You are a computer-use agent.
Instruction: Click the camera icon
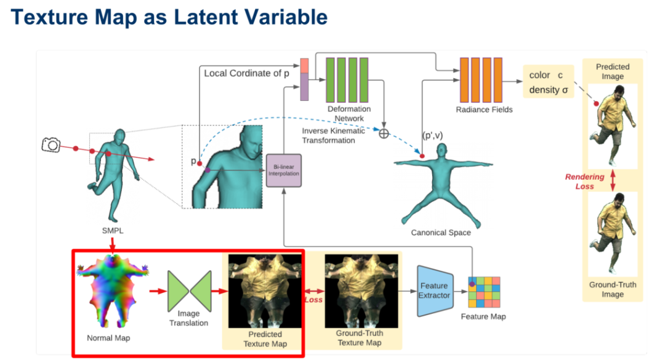pos(50,145)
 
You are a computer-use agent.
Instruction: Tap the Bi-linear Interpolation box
pos(283,170)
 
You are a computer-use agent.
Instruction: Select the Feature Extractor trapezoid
pos(434,290)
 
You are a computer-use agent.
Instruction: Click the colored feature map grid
pos(483,292)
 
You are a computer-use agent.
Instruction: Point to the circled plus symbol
pos(384,132)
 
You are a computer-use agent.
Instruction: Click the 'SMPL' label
pos(113,231)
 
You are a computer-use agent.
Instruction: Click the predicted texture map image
pos(265,290)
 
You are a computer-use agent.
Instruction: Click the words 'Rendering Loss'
pos(585,181)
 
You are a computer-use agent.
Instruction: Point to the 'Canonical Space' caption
pos(441,233)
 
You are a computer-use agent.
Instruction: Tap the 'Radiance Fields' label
pos(484,110)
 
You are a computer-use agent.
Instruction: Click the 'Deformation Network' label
pos(349,113)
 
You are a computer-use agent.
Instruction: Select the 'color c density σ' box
pos(548,82)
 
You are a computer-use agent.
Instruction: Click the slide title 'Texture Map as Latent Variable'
pos(169,17)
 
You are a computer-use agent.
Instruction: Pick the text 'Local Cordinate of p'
pos(247,73)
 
